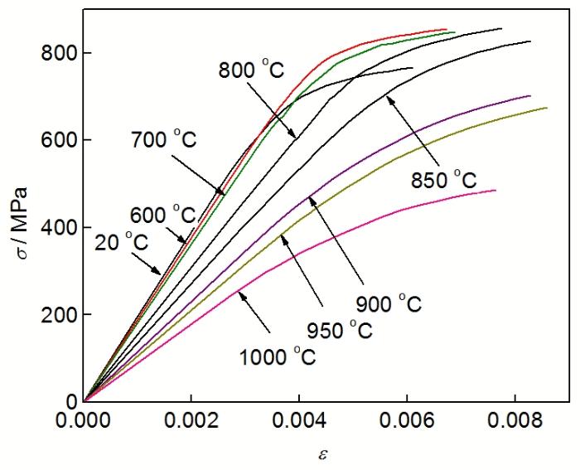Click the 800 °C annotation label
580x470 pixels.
pos(258,70)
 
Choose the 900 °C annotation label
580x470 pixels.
pos(389,305)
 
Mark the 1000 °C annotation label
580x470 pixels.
pos(278,358)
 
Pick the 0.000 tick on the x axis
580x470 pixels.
pos(85,419)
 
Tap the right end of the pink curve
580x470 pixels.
pos(495,191)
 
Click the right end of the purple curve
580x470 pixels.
pos(530,96)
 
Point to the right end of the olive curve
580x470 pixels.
pos(547,108)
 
